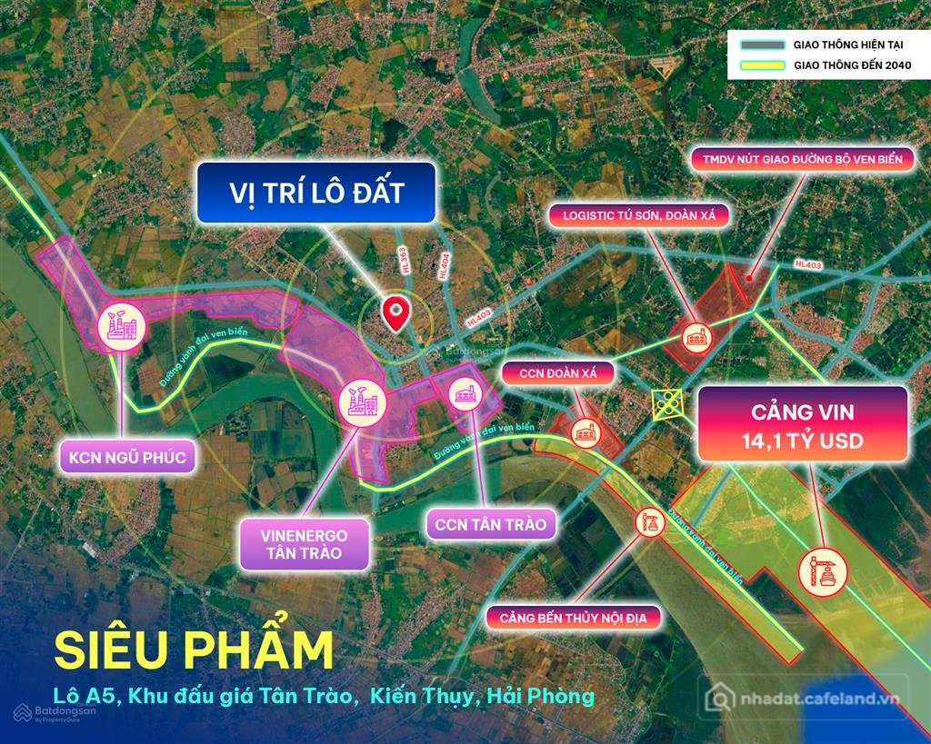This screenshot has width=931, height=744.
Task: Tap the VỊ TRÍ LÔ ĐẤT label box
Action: [315, 193]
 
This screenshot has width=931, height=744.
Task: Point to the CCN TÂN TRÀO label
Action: [491, 524]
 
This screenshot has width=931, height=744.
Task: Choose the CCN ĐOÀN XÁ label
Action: [558, 372]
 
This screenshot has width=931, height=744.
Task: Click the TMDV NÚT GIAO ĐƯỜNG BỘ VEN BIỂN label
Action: [802, 160]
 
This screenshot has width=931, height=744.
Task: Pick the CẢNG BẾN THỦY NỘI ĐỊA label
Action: [578, 619]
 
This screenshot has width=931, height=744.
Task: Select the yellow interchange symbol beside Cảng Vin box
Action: [668, 403]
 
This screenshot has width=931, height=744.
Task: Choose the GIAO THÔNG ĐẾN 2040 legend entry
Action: [823, 65]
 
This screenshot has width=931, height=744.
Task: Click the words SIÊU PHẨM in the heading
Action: [194, 650]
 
